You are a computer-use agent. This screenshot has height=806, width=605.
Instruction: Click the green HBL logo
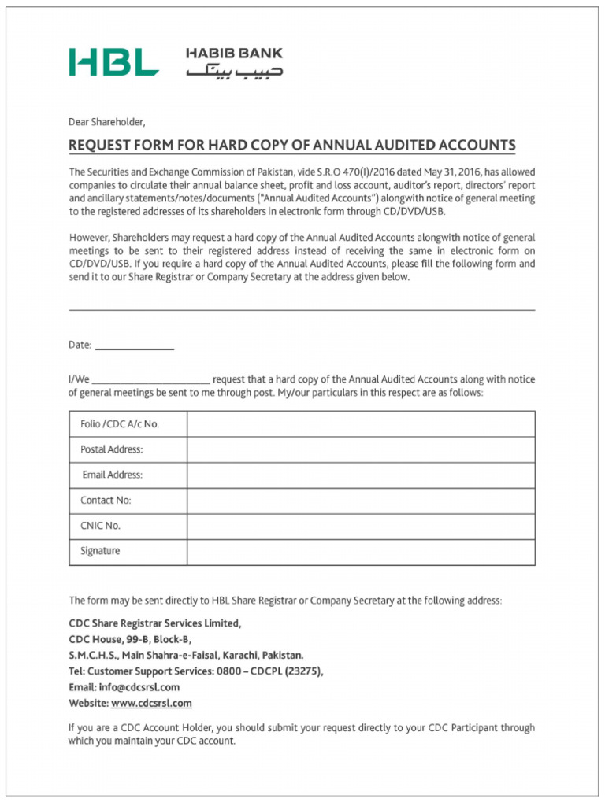tap(113, 62)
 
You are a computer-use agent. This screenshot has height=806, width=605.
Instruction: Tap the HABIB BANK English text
tap(234, 54)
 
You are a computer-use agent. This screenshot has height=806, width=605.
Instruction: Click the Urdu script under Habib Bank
tap(234, 72)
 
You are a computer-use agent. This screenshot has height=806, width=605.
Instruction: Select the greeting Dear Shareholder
tap(107, 122)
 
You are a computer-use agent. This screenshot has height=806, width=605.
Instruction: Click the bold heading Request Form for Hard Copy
tap(292, 146)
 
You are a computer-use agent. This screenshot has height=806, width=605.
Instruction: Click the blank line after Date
tap(134, 346)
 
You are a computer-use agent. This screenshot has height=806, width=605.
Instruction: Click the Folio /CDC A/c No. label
tap(120, 424)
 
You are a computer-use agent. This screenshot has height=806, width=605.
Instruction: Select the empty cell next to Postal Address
tap(361, 449)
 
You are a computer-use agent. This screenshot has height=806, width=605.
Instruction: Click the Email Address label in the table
tap(113, 475)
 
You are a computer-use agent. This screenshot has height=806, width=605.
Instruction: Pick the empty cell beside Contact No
tap(361, 501)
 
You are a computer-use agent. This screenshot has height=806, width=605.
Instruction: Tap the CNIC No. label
tap(100, 526)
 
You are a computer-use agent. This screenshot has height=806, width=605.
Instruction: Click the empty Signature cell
tap(361, 552)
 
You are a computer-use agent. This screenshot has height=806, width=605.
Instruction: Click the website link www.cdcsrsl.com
tap(151, 703)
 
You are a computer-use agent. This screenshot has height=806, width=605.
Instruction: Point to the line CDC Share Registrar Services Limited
tap(155, 623)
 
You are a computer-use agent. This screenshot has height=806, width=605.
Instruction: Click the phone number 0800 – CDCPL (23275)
tap(265, 671)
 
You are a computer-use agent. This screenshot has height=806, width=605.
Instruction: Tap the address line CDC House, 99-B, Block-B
tap(130, 639)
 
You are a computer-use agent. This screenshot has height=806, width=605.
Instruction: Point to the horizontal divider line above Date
tap(302, 310)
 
